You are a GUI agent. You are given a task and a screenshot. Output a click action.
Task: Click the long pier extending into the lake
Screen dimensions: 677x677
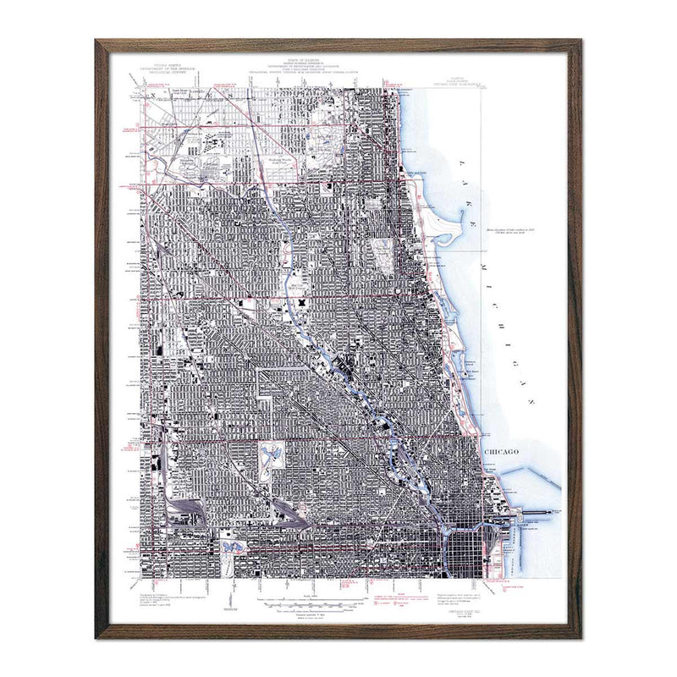tap(542, 512)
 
